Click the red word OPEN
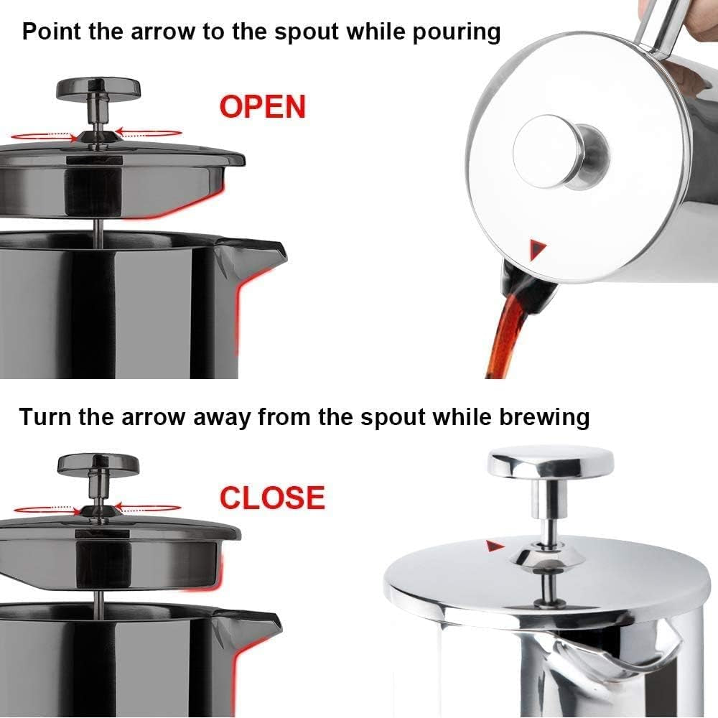pos(262,107)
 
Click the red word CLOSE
pos(272,498)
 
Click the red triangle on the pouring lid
pos(538,250)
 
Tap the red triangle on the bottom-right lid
pos(493,547)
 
